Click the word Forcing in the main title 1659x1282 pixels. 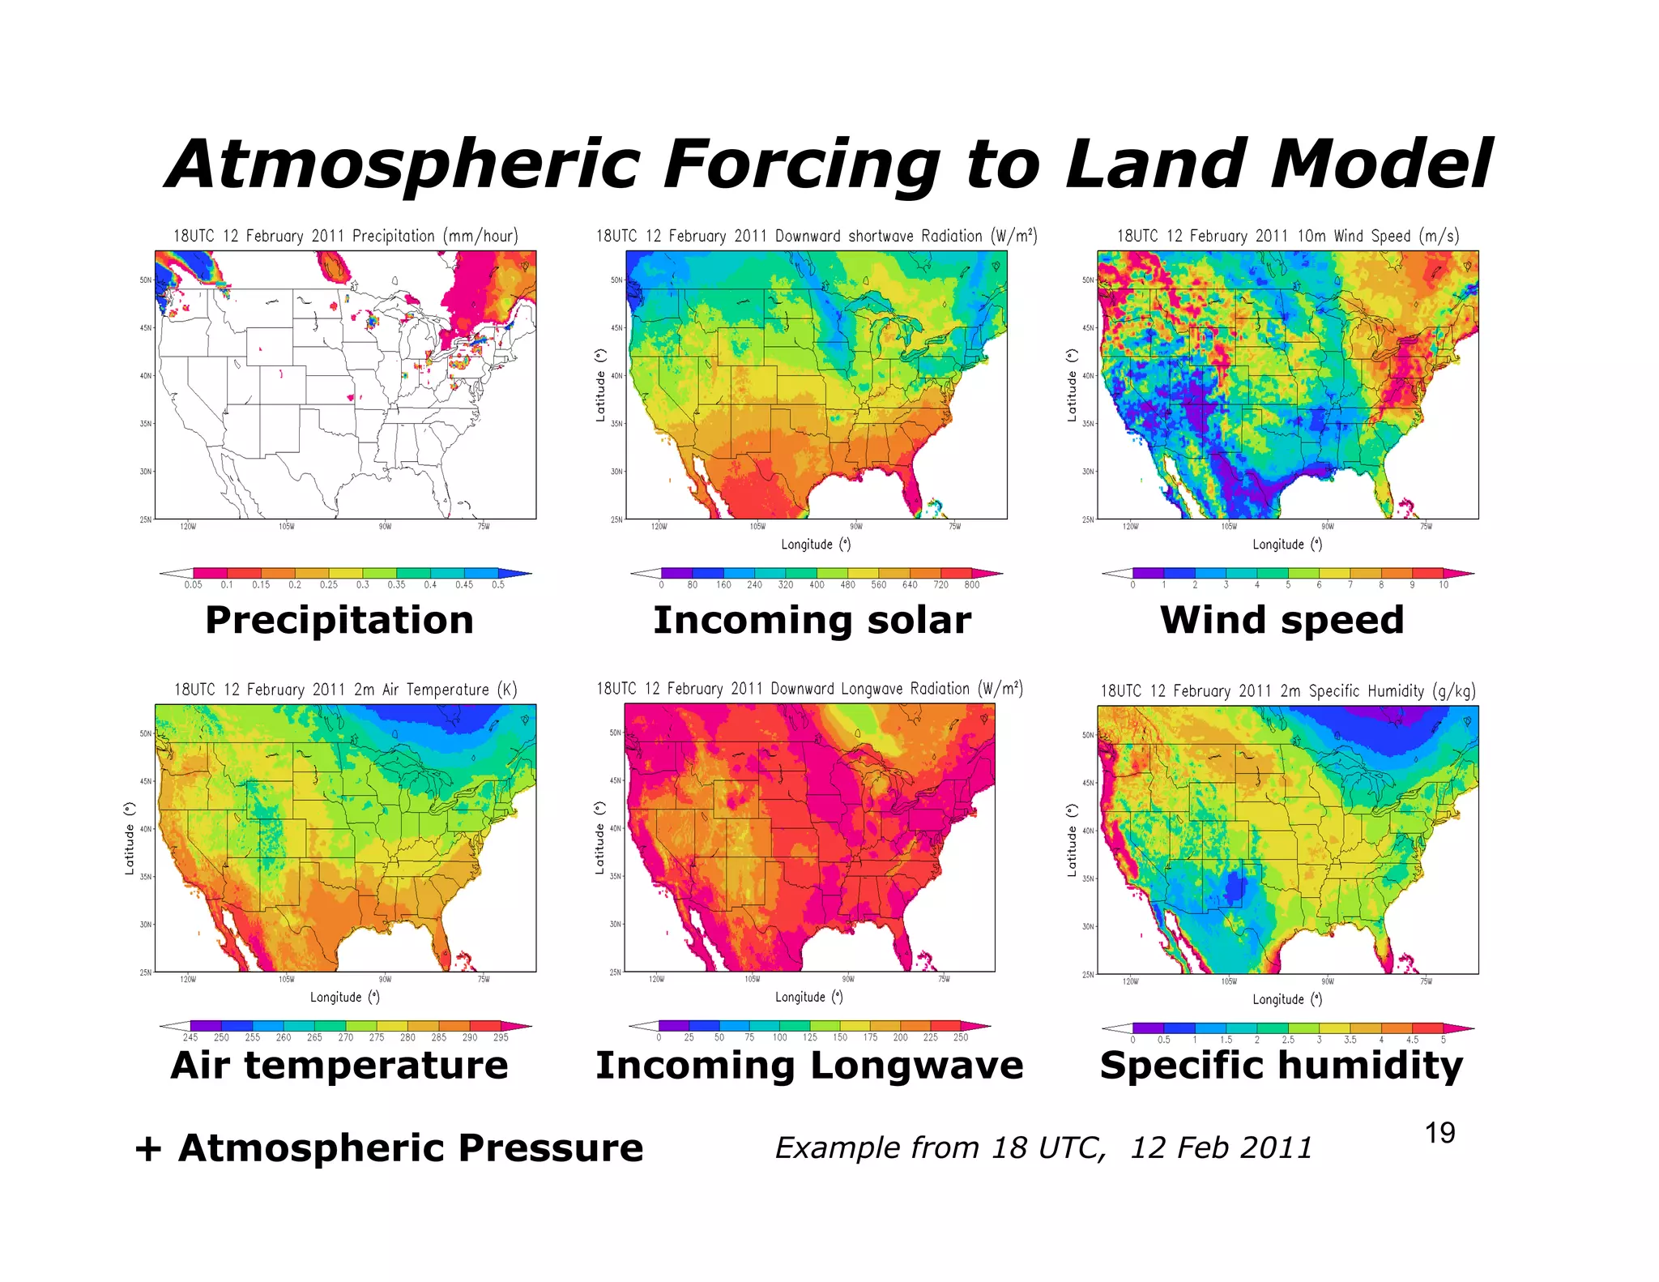[800, 165]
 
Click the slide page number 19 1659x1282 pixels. [1439, 1133]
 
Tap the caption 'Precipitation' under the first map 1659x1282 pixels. [339, 621]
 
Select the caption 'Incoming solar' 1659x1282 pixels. [812, 621]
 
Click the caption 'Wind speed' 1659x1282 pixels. [1282, 621]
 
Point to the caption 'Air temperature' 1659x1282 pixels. [339, 1065]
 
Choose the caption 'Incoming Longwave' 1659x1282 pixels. [809, 1065]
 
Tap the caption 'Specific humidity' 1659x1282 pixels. [1282, 1065]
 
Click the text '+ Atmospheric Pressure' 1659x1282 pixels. [389, 1147]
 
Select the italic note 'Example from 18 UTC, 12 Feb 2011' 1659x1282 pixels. [1043, 1147]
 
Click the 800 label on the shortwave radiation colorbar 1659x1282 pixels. [972, 585]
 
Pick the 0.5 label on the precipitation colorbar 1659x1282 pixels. [498, 585]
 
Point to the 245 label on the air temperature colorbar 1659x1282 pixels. [190, 1038]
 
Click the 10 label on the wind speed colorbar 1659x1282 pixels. [1444, 585]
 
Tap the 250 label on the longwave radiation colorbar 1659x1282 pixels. [961, 1038]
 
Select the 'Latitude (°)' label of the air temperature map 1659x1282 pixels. [129, 839]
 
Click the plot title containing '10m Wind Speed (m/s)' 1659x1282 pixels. [1288, 236]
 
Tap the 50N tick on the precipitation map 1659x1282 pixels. [145, 280]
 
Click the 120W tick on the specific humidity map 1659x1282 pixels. [1130, 982]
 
